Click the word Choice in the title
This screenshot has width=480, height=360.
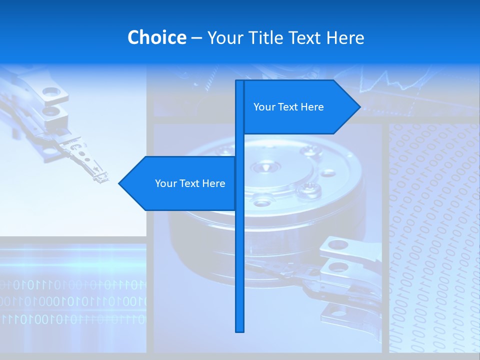156,37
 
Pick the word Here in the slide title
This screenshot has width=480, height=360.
345,38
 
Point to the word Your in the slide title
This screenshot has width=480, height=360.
225,38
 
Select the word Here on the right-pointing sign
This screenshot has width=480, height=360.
312,107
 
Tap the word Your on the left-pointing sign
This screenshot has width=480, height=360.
165,183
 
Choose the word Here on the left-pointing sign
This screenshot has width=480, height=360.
214,183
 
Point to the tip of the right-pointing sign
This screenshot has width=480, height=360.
359,106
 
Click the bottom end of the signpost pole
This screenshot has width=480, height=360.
240,330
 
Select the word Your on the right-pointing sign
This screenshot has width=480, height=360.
264,107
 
